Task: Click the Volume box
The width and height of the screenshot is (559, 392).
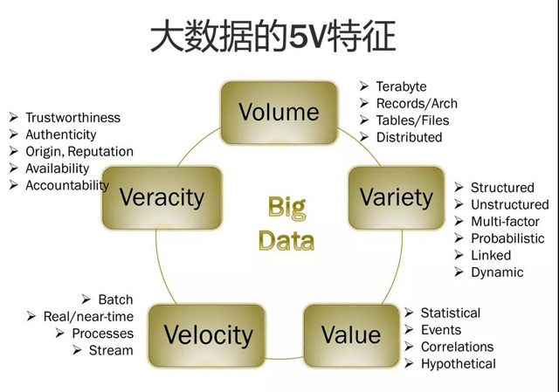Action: click(x=279, y=113)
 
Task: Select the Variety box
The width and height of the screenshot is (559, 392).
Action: click(x=397, y=198)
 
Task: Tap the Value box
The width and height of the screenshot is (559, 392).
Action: click(x=351, y=335)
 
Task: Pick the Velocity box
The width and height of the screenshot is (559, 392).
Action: click(x=207, y=335)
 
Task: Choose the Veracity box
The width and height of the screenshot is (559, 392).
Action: click(x=162, y=198)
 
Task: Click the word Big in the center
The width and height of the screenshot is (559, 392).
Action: click(x=287, y=208)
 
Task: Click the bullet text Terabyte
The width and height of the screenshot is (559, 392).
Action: click(x=402, y=86)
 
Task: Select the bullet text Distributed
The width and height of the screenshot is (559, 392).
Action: click(x=410, y=137)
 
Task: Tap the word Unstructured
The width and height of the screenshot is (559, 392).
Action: click(x=510, y=204)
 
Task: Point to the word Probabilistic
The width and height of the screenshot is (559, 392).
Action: click(x=507, y=238)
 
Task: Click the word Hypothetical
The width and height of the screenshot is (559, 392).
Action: click(x=459, y=364)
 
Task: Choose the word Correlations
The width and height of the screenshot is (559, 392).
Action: click(x=458, y=347)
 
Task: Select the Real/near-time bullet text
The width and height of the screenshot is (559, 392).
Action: click(x=88, y=316)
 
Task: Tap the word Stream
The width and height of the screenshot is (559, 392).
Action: click(x=111, y=350)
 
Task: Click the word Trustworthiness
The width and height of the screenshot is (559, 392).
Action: click(x=73, y=118)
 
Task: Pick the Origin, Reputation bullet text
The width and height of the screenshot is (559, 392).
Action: click(x=79, y=152)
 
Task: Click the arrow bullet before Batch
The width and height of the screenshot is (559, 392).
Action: click(x=86, y=299)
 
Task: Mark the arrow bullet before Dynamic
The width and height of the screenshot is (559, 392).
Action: click(x=459, y=272)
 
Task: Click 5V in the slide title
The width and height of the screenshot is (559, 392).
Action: click(x=307, y=37)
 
